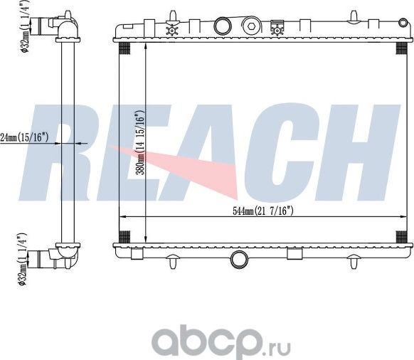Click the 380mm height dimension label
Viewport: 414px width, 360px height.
point(142,142)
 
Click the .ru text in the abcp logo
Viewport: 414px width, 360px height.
point(273,345)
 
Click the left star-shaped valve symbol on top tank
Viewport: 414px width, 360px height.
point(171,30)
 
